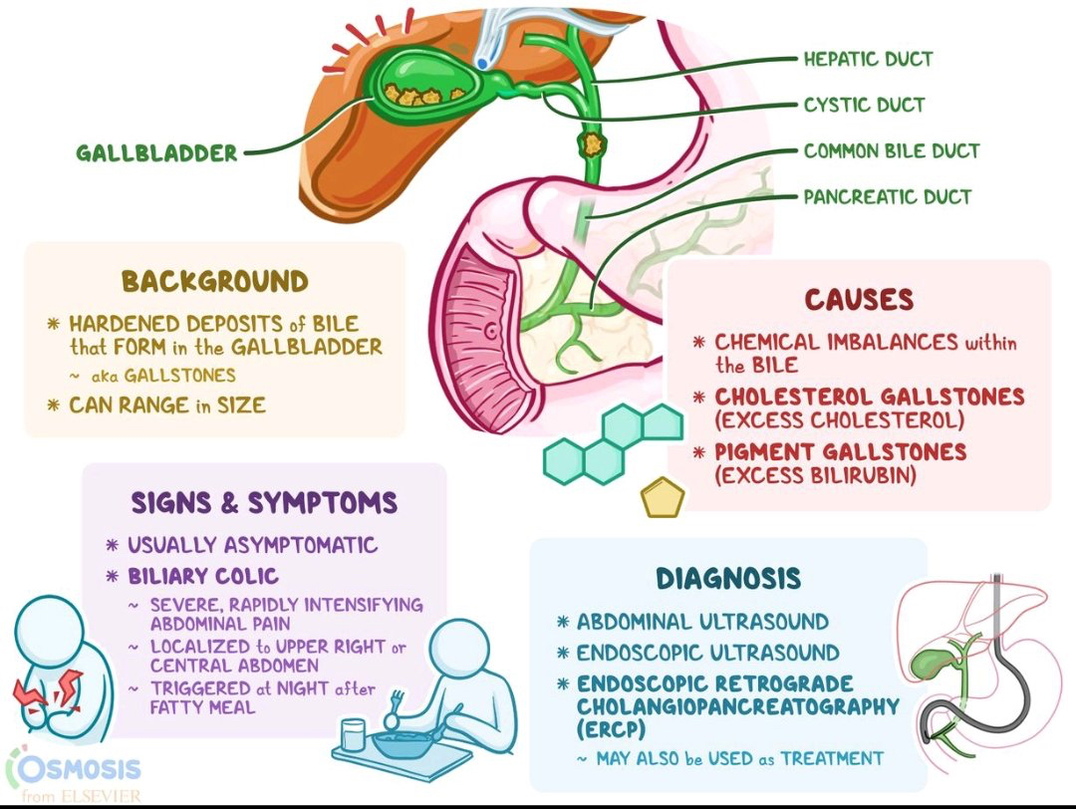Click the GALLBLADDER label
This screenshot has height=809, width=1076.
(157, 153)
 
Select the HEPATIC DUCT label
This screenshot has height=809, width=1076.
(868, 59)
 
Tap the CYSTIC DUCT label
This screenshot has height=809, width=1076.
(864, 105)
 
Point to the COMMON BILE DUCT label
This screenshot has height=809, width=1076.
(892, 151)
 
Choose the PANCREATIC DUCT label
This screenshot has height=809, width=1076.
(887, 196)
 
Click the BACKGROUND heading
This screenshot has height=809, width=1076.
(214, 281)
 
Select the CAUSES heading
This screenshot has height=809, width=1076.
(858, 299)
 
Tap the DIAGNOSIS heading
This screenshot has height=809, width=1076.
(727, 579)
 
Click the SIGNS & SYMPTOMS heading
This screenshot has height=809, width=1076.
(264, 502)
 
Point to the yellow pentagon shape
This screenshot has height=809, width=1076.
(663, 497)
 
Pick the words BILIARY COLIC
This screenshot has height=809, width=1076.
(203, 576)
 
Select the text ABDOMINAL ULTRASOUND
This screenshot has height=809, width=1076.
(702, 622)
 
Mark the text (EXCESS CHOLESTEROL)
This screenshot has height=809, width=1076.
(840, 418)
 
